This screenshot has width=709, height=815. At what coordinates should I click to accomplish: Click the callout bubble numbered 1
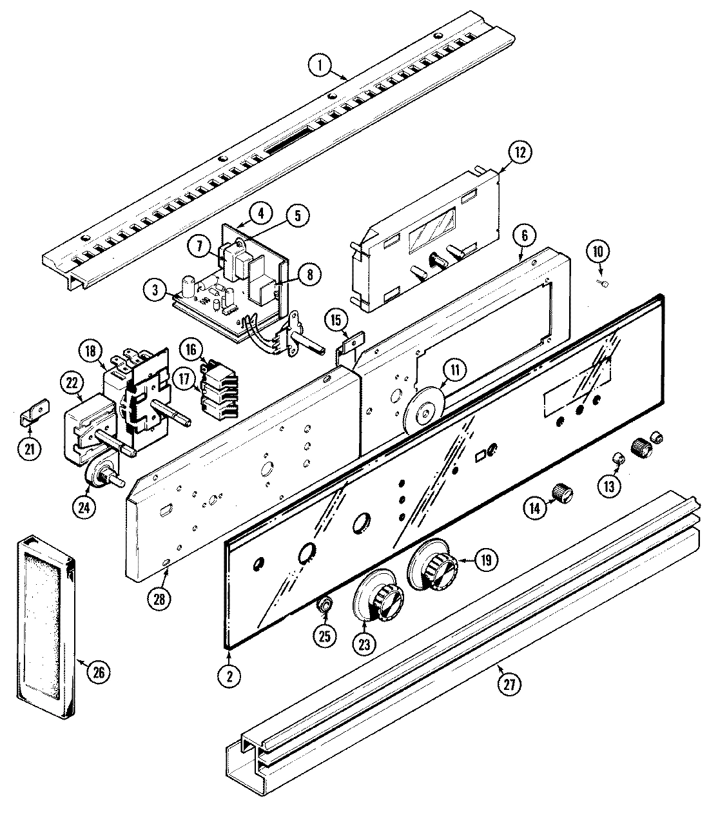pos(320,64)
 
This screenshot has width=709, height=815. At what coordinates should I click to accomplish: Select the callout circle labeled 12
pos(520,153)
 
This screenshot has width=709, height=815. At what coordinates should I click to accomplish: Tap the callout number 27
pos(509,685)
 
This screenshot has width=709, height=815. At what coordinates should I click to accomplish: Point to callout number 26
pos(97,673)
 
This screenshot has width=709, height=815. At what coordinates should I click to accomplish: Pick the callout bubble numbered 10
pos(599,251)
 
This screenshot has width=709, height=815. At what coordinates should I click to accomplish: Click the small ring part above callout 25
pos(324,605)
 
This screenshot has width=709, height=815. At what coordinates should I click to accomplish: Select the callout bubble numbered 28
pos(159,598)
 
